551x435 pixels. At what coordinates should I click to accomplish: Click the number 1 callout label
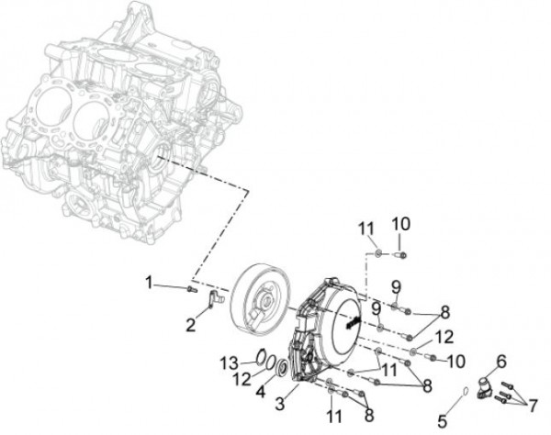[150, 283]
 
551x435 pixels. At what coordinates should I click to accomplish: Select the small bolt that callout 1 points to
[192, 289]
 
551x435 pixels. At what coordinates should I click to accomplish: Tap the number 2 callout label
[190, 326]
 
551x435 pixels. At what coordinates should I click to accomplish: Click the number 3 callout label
[280, 404]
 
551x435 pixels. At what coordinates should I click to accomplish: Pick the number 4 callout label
[261, 392]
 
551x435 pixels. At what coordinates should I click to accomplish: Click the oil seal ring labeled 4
[282, 367]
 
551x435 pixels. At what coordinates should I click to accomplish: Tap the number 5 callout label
[442, 421]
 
